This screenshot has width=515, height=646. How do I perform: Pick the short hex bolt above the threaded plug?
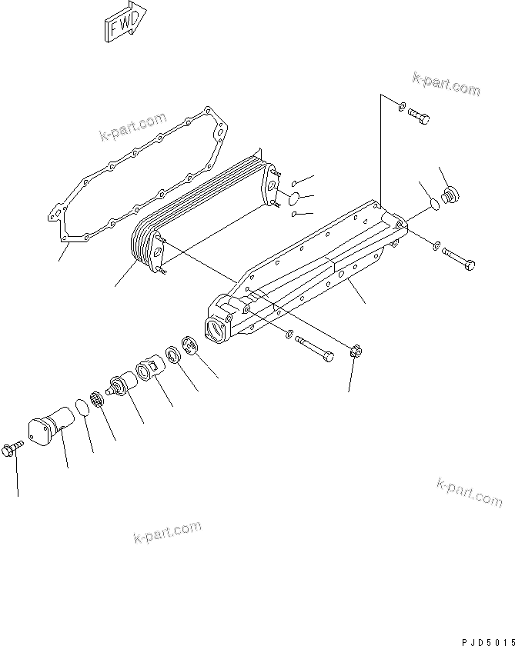click(x=417, y=116)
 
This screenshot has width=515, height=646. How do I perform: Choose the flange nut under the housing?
click(x=355, y=353)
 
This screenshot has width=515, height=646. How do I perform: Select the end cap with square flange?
click(x=48, y=428)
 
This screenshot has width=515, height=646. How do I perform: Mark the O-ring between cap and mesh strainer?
click(x=82, y=405)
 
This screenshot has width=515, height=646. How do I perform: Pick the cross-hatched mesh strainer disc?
click(x=97, y=399)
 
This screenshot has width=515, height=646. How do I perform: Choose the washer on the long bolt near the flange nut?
click(x=287, y=335)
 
